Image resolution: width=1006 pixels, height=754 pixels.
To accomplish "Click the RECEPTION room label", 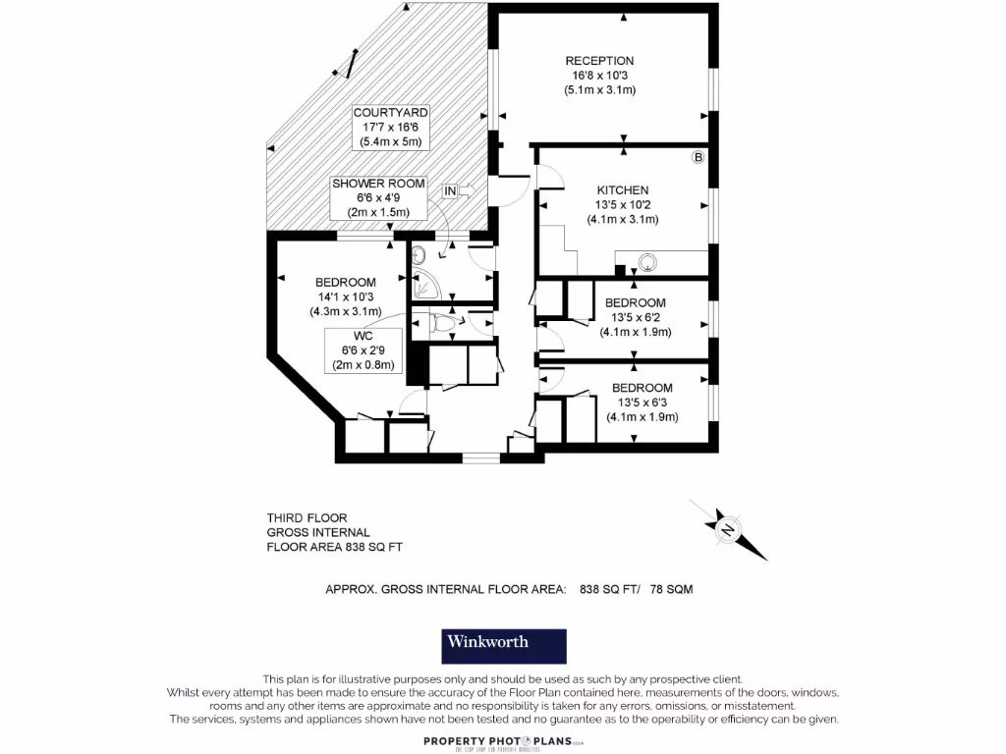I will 599,61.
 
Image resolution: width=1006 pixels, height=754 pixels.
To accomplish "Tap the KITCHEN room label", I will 623,190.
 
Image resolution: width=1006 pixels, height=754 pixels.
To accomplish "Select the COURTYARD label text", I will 391,114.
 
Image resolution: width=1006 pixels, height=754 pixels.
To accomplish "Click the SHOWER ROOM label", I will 378,184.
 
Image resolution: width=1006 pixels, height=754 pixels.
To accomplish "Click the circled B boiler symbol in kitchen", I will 699,157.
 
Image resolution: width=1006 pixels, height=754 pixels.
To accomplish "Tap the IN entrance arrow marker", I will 458,190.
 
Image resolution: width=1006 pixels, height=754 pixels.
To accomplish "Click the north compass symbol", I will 728,529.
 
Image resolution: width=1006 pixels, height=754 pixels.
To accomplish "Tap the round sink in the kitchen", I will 648,262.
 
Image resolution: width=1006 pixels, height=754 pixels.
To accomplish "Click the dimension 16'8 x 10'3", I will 599,76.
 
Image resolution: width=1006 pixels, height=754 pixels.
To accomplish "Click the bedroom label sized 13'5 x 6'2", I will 635,303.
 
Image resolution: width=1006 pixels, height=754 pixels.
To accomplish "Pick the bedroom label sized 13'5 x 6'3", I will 642,389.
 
